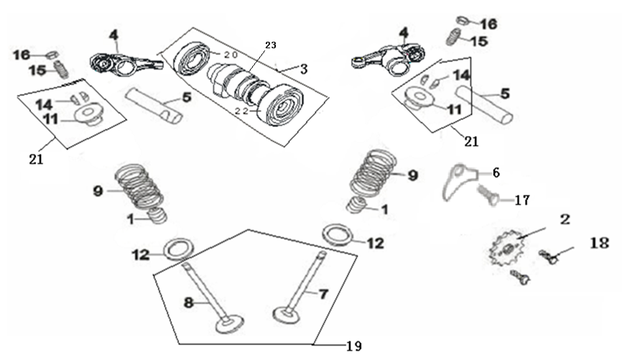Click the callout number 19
tap(354, 346)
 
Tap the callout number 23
tap(271, 45)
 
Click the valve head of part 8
tap(229, 323)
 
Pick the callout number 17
tap(522, 200)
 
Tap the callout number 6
tap(496, 172)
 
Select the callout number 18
tap(600, 242)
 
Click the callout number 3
tap(304, 70)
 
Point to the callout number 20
tap(230, 55)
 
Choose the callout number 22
tap(241, 111)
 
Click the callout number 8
tap(188, 303)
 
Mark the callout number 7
tap(324, 294)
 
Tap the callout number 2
tap(565, 219)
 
